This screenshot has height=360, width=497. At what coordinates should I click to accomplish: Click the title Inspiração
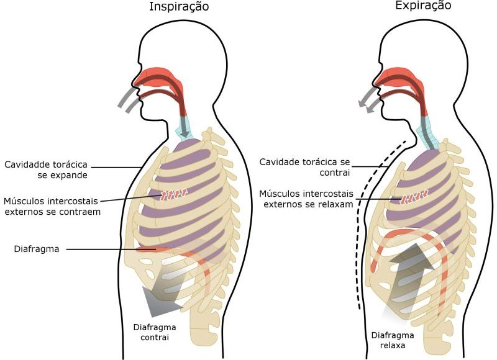point(179,7)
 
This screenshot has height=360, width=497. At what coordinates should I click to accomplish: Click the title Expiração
point(423,6)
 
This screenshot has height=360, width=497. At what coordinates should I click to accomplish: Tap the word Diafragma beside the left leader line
point(37,249)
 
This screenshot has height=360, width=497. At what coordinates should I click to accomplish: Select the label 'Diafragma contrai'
point(155,332)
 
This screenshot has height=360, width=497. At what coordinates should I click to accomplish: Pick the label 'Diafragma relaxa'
point(393,340)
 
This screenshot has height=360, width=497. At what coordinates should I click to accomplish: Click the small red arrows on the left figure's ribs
point(173,194)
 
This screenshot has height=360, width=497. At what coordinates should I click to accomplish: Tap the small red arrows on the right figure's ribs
point(414,197)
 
